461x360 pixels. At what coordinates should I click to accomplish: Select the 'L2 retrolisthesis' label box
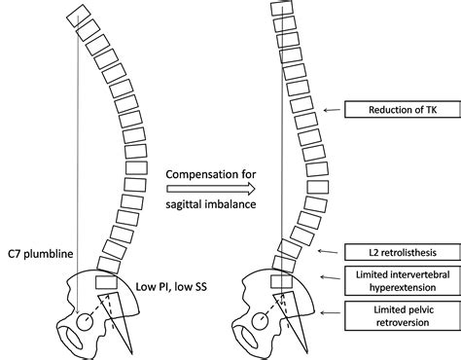click(x=401, y=253)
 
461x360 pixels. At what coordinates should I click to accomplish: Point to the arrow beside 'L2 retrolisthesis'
click(x=334, y=253)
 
